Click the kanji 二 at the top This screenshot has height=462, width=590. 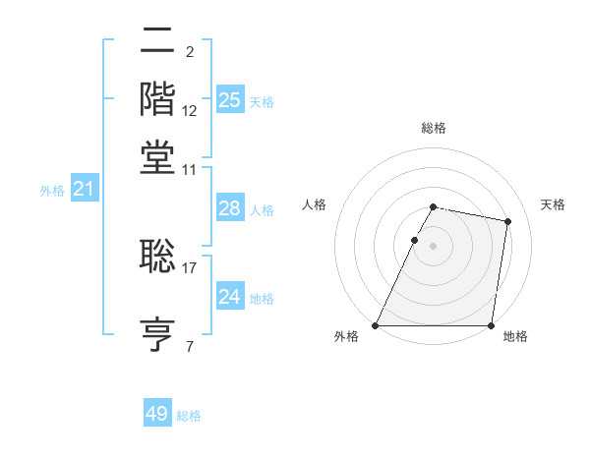pyautogui.click(x=158, y=41)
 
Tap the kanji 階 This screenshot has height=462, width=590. pyautogui.click(x=158, y=99)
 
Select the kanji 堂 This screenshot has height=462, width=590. pyautogui.click(x=158, y=157)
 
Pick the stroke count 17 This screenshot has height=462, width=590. pyautogui.click(x=190, y=266)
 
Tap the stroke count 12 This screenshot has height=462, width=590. pyautogui.click(x=190, y=110)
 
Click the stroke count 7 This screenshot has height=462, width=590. pyautogui.click(x=189, y=345)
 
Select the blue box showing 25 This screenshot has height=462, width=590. pyautogui.click(x=229, y=99)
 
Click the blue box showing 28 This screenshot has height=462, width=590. pyautogui.click(x=229, y=207)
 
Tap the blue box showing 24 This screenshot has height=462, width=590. pyautogui.click(x=229, y=296)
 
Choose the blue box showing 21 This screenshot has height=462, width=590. pyautogui.click(x=84, y=189)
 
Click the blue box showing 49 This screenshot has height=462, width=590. pyautogui.click(x=157, y=414)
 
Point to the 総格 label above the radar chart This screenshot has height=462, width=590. pyautogui.click(x=433, y=128)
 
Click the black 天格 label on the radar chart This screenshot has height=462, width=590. pyautogui.click(x=553, y=204)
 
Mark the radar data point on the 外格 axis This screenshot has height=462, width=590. pyautogui.click(x=376, y=325)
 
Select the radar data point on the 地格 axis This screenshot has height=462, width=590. pyautogui.click(x=491, y=325)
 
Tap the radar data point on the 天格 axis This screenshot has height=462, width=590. pyautogui.click(x=507, y=222)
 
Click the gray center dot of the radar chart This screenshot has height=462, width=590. pyautogui.click(x=433, y=246)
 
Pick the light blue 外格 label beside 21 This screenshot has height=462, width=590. pyautogui.click(x=52, y=191)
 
